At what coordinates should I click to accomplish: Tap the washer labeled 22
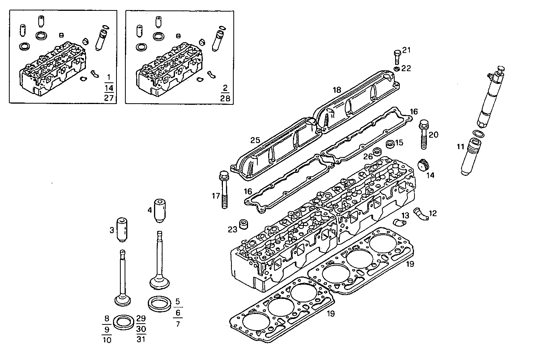pyautogui.click(x=396, y=69)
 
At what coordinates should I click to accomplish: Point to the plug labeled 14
pyautogui.click(x=425, y=164)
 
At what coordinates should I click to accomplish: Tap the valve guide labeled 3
pyautogui.click(x=122, y=230)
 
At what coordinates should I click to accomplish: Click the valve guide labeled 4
pyautogui.click(x=160, y=210)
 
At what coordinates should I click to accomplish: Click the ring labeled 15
pyautogui.click(x=390, y=144)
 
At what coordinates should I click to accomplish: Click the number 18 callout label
pyautogui.click(x=337, y=90)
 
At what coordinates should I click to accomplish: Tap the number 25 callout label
pyautogui.click(x=255, y=140)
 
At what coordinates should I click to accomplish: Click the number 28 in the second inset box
pyautogui.click(x=225, y=98)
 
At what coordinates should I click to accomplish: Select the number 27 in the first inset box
pyautogui.click(x=109, y=98)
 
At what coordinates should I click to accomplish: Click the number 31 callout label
pyautogui.click(x=141, y=340)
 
